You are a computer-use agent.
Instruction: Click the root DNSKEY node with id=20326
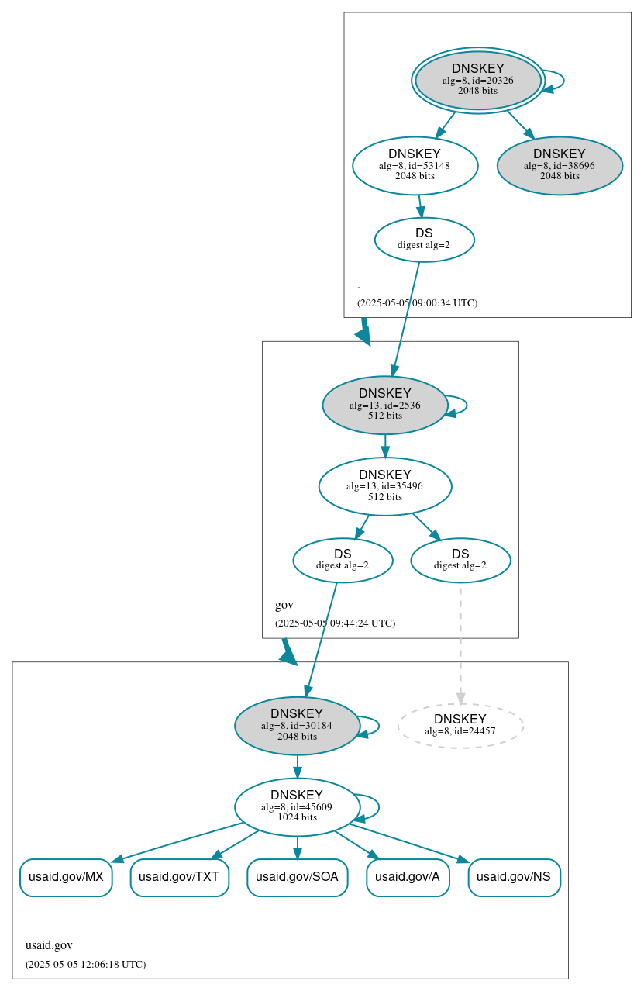pyautogui.click(x=477, y=80)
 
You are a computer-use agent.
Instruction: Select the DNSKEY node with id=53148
pyautogui.click(x=415, y=165)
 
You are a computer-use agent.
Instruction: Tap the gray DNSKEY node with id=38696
pyautogui.click(x=560, y=165)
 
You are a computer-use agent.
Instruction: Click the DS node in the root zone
pyautogui.click(x=424, y=240)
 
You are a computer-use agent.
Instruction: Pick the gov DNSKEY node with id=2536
pyautogui.click(x=384, y=405)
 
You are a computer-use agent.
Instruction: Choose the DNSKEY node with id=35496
pyautogui.click(x=384, y=486)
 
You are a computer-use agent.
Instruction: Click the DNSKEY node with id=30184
pyautogui.click(x=297, y=726)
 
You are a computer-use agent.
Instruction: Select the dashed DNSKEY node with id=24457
pyautogui.click(x=460, y=726)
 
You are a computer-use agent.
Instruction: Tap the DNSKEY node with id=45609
pyautogui.click(x=297, y=806)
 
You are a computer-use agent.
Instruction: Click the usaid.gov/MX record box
pyautogui.click(x=66, y=877)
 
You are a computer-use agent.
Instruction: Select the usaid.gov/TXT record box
pyautogui.click(x=179, y=877)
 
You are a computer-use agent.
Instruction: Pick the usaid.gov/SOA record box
pyautogui.click(x=297, y=877)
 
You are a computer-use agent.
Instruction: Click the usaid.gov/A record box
pyautogui.click(x=408, y=877)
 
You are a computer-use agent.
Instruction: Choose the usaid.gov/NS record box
pyautogui.click(x=514, y=877)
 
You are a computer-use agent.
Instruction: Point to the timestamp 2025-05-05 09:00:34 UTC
pyautogui.click(x=417, y=303)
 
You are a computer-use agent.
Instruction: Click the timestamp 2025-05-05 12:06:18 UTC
pyautogui.click(x=85, y=965)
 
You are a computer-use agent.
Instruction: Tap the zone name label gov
pyautogui.click(x=284, y=605)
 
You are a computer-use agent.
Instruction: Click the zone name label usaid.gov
pyautogui.click(x=49, y=945)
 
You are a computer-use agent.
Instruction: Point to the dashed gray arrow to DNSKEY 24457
pyautogui.click(x=460, y=644)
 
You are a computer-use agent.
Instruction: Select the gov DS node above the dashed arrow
pyautogui.click(x=460, y=560)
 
